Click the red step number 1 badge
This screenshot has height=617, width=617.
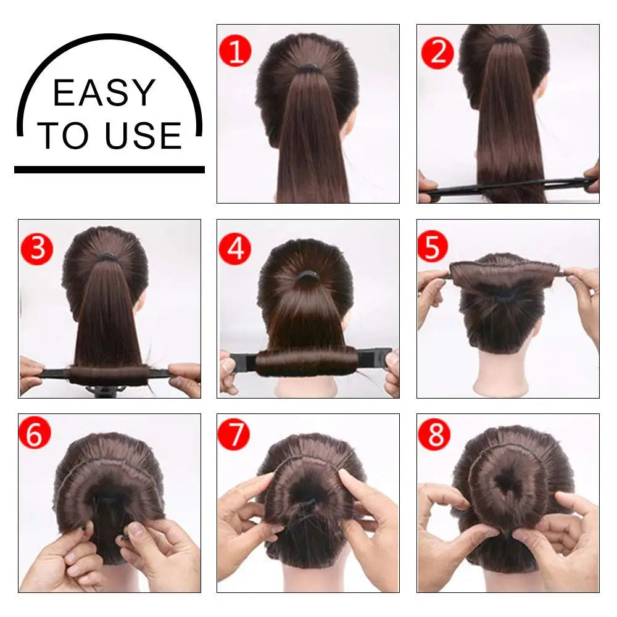[x=236, y=51]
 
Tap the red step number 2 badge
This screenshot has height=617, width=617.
[x=437, y=52]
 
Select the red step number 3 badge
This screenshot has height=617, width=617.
[x=37, y=249]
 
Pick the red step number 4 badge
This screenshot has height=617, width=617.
[x=235, y=249]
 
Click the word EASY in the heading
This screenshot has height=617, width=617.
[x=104, y=93]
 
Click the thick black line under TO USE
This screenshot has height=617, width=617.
[x=109, y=169]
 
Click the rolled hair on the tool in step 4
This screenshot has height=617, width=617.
[x=307, y=361]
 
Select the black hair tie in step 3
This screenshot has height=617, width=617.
[x=108, y=257]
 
